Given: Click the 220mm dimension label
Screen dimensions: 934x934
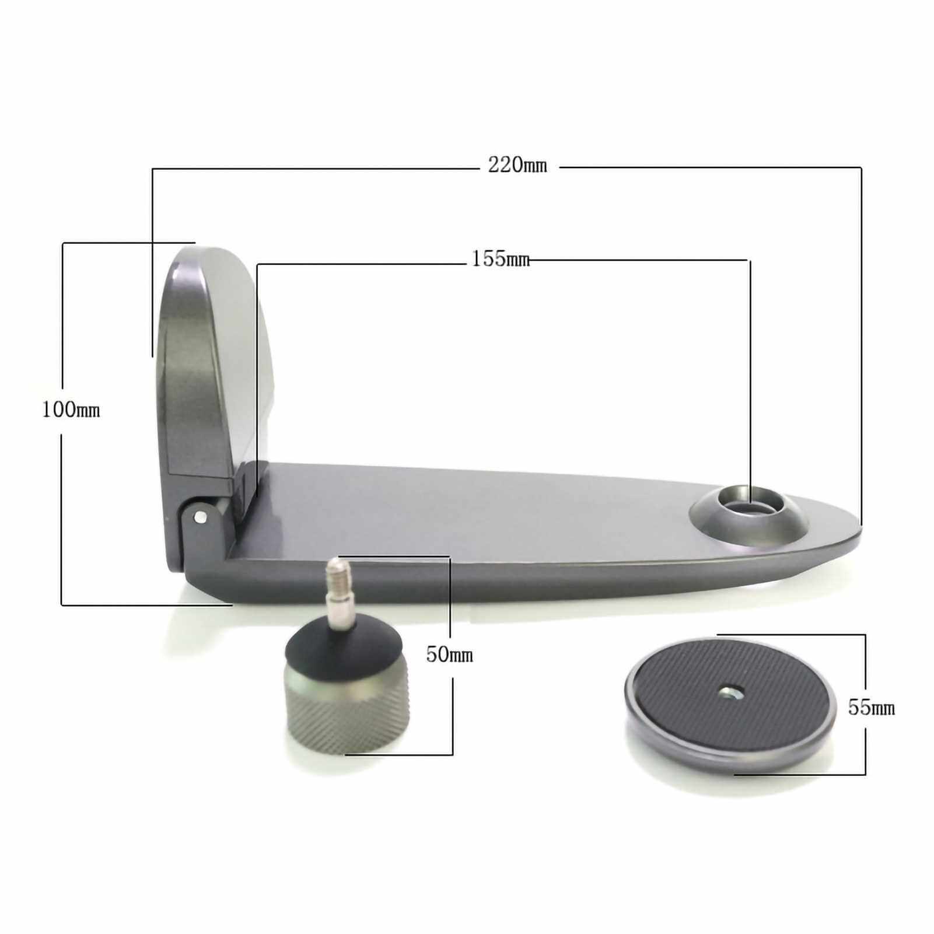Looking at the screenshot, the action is tap(517, 166).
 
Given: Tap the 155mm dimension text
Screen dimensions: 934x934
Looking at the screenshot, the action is tap(501, 258).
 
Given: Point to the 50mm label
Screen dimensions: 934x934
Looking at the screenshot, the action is tap(449, 655).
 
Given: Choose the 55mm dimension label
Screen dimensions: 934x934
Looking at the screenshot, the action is tap(872, 708).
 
